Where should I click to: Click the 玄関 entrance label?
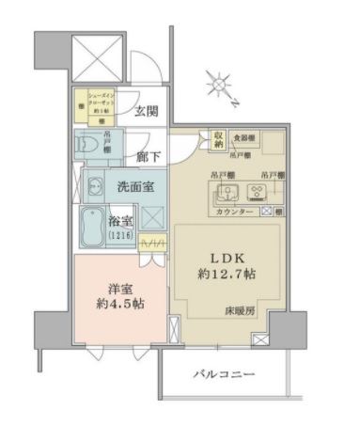click(x=145, y=111)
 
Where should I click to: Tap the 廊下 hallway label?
click(x=147, y=159)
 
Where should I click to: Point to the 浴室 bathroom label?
click(x=131, y=225)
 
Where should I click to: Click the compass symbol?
click(x=219, y=87)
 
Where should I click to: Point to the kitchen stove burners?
click(x=256, y=192)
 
